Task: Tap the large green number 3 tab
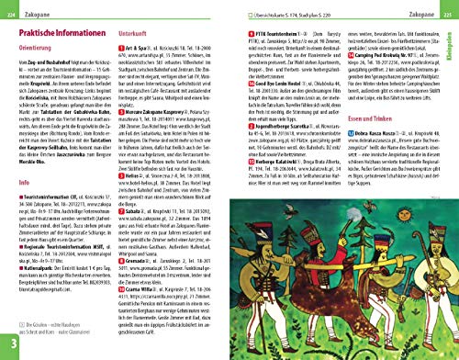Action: tap(11, 344)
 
